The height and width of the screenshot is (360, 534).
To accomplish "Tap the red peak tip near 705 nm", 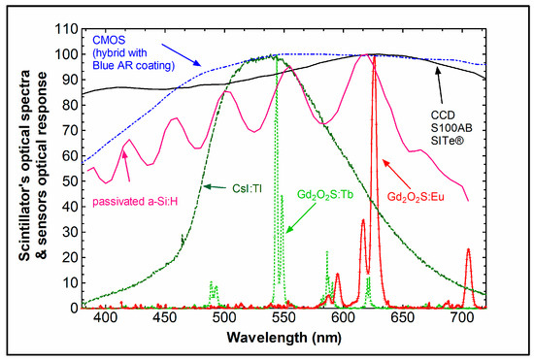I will pyautogui.click(x=468, y=250).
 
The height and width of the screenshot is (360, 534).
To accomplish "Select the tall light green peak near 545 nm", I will pyautogui.click(x=277, y=58).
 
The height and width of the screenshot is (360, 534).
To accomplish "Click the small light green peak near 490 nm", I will pyautogui.click(x=212, y=283).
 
